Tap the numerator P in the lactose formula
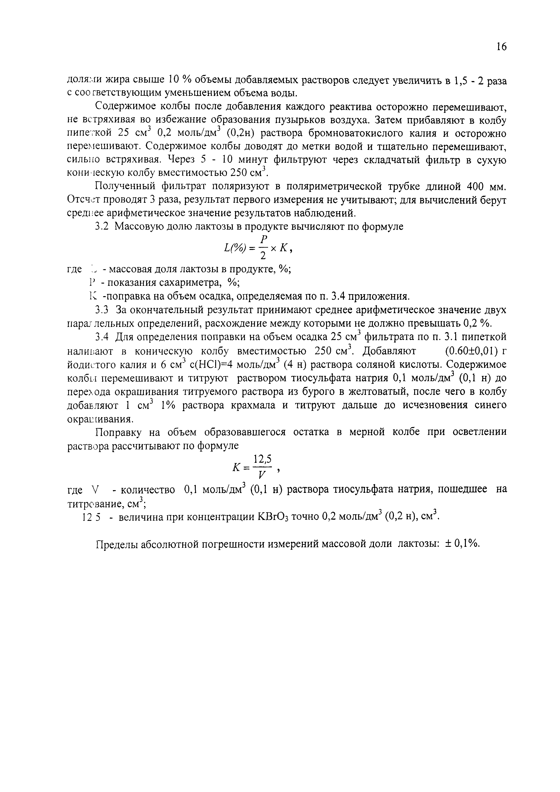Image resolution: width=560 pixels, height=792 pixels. pos(264,239)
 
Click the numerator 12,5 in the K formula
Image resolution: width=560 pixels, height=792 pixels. pos(263,459)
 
